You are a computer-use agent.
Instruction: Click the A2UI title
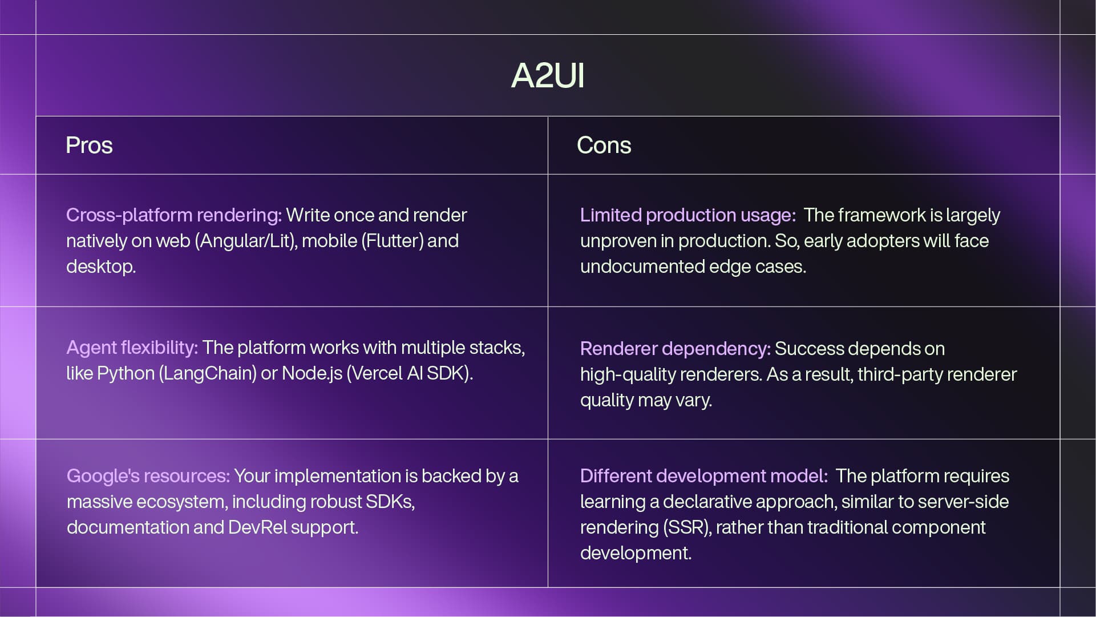tap(548, 75)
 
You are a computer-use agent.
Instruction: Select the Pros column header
tap(89, 146)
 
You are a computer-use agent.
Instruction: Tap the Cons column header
tap(604, 146)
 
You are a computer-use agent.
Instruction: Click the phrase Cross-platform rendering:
tap(174, 215)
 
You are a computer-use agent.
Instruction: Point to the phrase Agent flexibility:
tap(132, 348)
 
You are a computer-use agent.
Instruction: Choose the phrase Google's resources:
tap(148, 476)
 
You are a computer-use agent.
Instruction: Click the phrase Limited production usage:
tap(687, 215)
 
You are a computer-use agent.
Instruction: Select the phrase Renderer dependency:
tap(675, 349)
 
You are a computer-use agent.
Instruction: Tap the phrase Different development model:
tap(703, 476)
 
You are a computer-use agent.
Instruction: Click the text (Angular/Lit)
tap(246, 241)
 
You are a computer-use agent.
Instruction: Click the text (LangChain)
tap(208, 373)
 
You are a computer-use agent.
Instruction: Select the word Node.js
tap(312, 373)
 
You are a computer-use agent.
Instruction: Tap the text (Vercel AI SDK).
tap(410, 373)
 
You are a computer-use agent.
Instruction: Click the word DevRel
tap(258, 527)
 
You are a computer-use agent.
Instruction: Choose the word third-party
tap(901, 374)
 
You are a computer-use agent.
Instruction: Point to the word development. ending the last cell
tap(636, 553)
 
